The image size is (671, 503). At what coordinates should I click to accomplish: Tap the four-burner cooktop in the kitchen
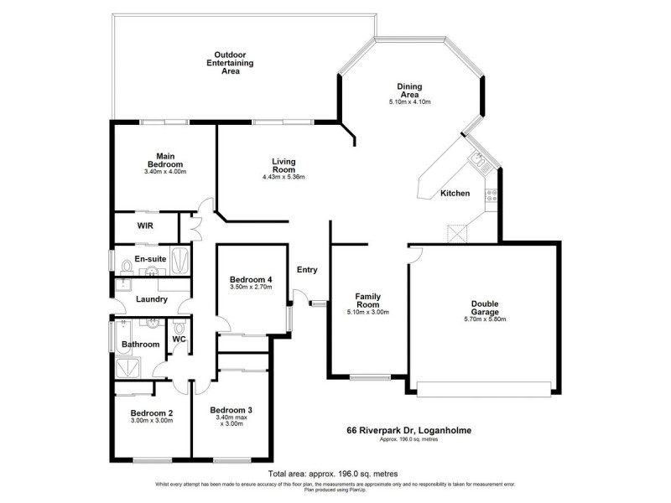(x=492, y=198)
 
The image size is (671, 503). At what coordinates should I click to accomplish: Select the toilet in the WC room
(x=179, y=327)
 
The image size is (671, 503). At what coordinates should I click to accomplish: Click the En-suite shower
(x=180, y=257)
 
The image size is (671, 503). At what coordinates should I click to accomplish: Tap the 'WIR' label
(x=145, y=226)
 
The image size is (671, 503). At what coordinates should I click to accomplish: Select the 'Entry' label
(x=307, y=270)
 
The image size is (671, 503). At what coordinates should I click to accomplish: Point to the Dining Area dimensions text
(x=409, y=102)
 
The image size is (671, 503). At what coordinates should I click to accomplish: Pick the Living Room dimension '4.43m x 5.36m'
(x=283, y=177)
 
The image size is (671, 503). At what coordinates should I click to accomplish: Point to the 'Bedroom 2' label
(x=152, y=412)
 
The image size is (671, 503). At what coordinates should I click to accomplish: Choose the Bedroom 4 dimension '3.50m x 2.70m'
(x=251, y=288)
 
